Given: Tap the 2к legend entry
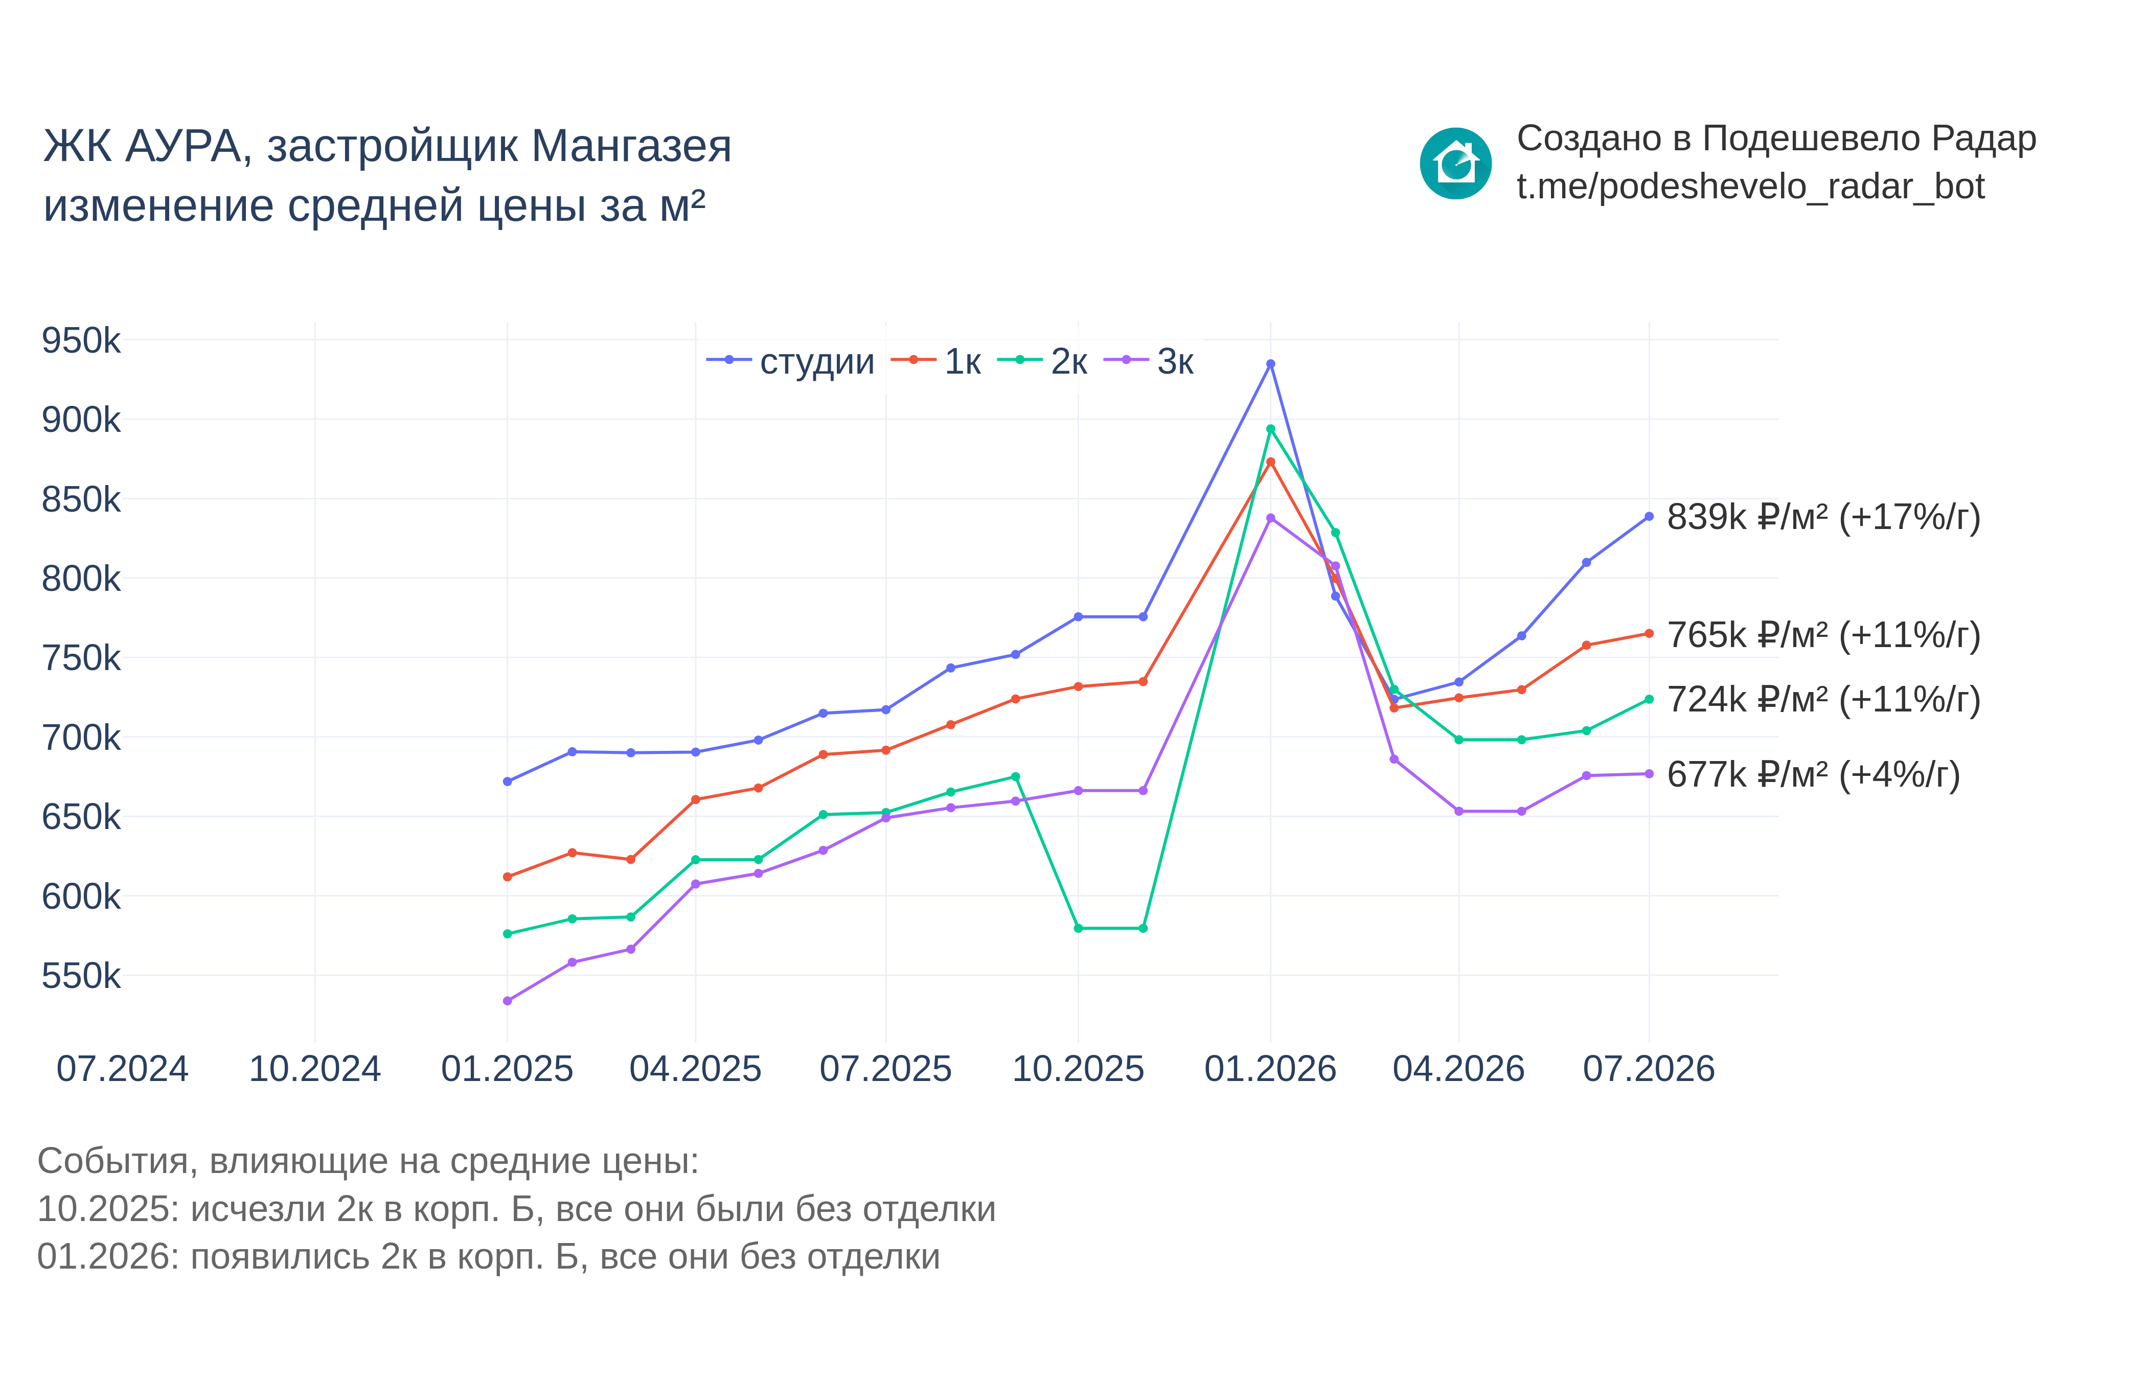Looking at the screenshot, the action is [1042, 361].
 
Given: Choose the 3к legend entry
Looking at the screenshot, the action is [1149, 361].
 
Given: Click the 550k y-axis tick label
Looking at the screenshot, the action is [81, 976].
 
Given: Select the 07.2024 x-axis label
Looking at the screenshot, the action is [123, 1069].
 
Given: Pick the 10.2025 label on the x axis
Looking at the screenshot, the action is [1078, 1069].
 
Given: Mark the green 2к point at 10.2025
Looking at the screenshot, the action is [1078, 928].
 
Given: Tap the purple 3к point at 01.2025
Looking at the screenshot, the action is [507, 1001].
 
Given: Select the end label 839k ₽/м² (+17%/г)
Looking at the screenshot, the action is [1823, 517].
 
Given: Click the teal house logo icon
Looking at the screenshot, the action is [1455, 163].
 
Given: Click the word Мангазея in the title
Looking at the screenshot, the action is [632, 146].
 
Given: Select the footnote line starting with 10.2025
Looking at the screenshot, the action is [516, 1209].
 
